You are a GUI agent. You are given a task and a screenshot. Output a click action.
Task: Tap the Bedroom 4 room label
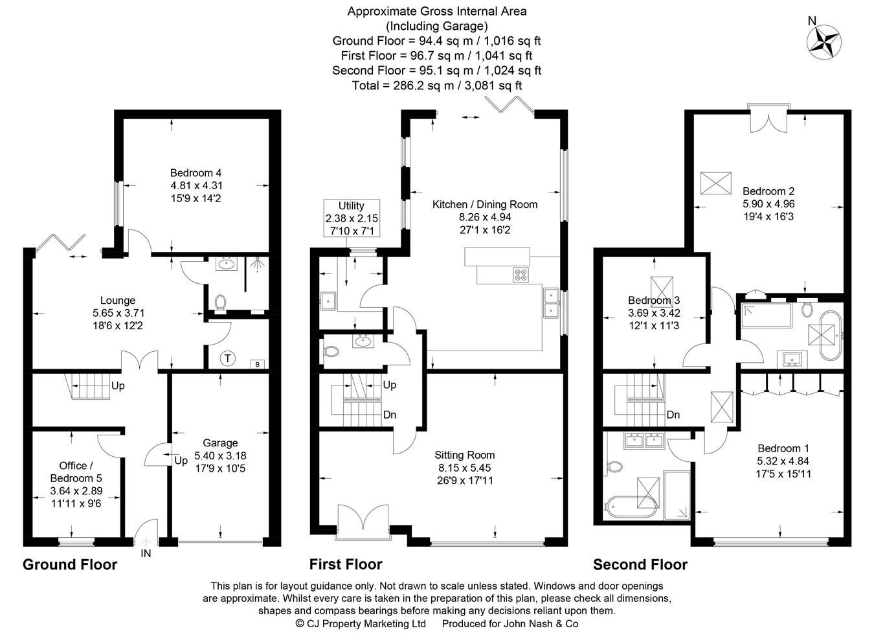point(196,173)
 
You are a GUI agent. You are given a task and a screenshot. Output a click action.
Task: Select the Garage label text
point(220,443)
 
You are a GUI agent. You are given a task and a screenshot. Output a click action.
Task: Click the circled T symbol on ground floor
point(227,358)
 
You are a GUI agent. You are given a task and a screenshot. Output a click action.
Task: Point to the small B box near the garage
point(258,364)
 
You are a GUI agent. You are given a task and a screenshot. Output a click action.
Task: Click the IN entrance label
point(146,553)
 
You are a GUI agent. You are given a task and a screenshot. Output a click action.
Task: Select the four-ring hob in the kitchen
point(520,275)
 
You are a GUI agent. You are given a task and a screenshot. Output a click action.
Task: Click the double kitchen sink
point(552,303)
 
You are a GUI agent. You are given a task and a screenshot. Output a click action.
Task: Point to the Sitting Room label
point(464,455)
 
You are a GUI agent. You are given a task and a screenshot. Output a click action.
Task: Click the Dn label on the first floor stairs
point(389,415)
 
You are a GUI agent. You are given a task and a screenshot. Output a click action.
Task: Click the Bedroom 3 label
point(653,301)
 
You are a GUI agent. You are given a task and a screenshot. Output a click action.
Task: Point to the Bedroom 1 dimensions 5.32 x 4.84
point(783,461)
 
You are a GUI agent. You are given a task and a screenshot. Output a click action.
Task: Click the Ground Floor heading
point(70,564)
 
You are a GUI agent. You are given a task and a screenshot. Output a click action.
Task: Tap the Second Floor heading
point(640,564)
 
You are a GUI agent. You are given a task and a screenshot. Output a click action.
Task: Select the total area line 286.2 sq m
point(436,85)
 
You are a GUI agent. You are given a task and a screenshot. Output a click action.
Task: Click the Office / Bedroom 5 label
point(76,472)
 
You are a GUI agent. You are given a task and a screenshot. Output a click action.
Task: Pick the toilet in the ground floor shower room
point(220,303)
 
